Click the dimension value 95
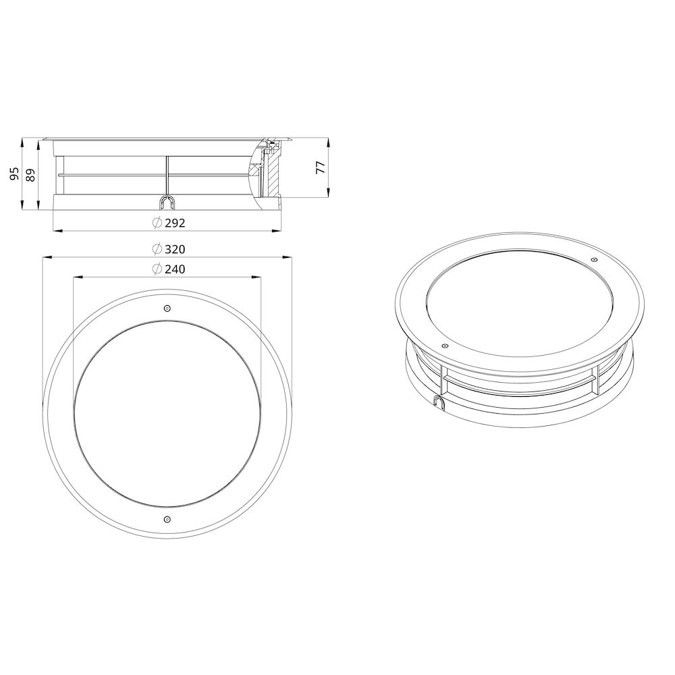(x=14, y=174)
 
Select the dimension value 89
(x=30, y=174)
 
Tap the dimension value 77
(x=321, y=168)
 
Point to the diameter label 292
(x=174, y=223)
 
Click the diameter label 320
(x=174, y=249)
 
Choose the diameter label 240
(x=174, y=269)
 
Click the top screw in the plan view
(x=167, y=308)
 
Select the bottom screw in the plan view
(x=167, y=519)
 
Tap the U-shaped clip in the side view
(x=167, y=202)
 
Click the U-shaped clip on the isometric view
(x=439, y=402)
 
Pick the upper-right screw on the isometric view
(x=594, y=260)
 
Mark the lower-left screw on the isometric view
(x=444, y=346)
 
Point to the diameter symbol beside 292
(x=156, y=223)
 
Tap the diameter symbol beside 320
(x=156, y=249)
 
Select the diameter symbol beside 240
(x=156, y=269)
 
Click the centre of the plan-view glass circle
(x=167, y=414)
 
